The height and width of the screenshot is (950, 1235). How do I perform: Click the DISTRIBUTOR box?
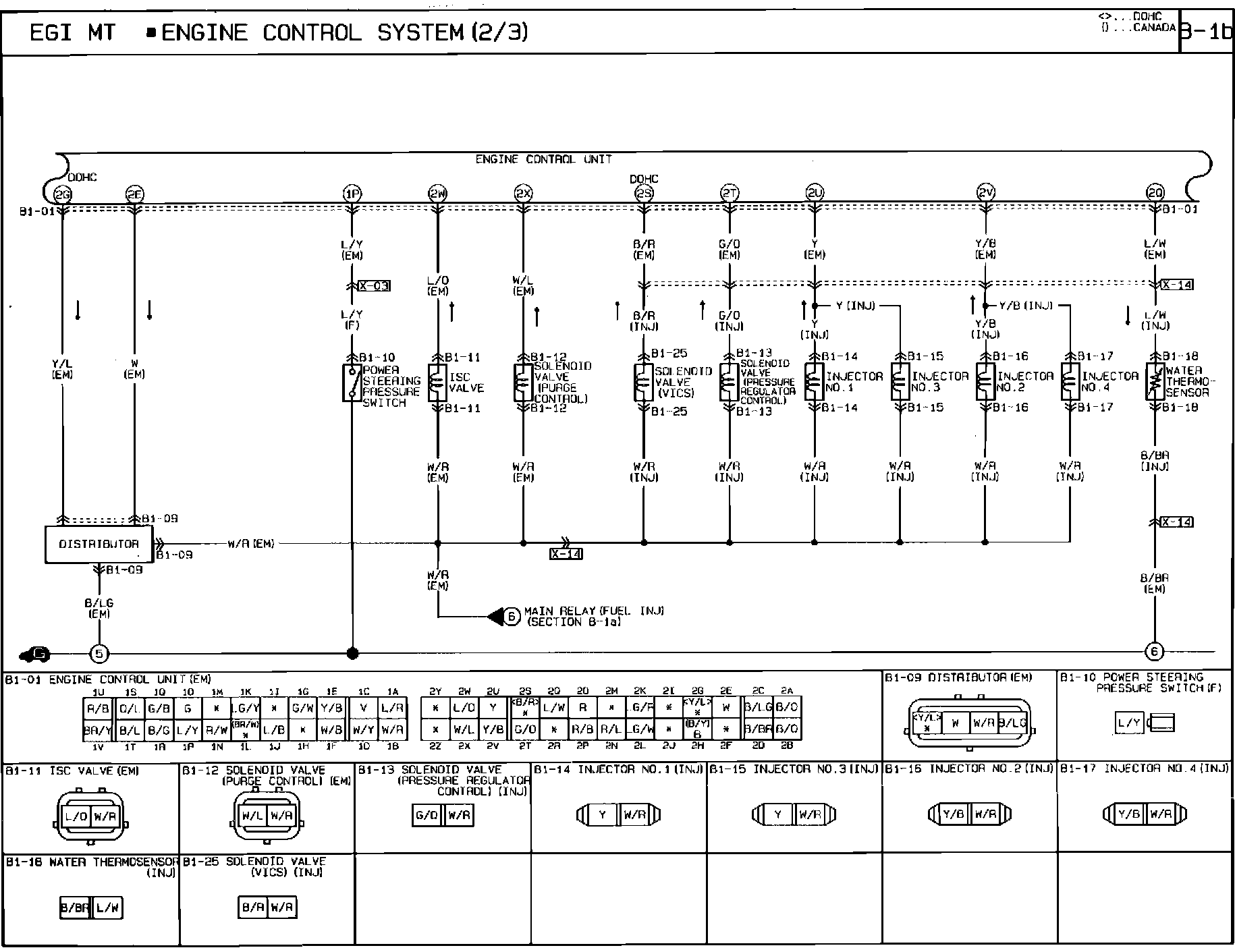coord(99,544)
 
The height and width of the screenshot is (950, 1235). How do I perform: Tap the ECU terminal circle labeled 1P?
coord(352,194)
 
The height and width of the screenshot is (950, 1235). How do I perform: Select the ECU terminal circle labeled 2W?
coord(437,194)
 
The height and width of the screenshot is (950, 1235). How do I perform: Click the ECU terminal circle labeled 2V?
coord(985,194)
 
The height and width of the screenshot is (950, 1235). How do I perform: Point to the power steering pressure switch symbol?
coord(352,383)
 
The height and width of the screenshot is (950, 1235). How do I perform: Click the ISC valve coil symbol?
coord(437,383)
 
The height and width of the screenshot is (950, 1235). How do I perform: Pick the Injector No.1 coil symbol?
coord(814,383)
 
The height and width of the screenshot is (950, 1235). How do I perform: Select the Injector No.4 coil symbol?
coord(1070,383)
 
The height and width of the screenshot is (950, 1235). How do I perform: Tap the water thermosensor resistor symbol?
coord(1155,383)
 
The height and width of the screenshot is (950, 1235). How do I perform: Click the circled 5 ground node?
coord(99,653)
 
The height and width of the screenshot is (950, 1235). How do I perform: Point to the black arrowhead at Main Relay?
coord(496,616)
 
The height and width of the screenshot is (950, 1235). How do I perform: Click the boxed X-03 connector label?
coord(374,285)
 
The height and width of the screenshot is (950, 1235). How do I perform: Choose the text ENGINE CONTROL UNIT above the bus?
coord(543,160)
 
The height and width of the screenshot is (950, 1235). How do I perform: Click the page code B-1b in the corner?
coord(1207,32)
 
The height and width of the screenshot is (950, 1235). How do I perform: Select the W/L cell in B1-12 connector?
coord(253,816)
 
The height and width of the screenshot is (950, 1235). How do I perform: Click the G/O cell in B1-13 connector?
coord(427,816)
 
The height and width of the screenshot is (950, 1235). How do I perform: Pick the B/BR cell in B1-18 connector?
coord(74,909)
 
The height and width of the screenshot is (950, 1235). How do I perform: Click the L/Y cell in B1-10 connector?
coord(1129,724)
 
